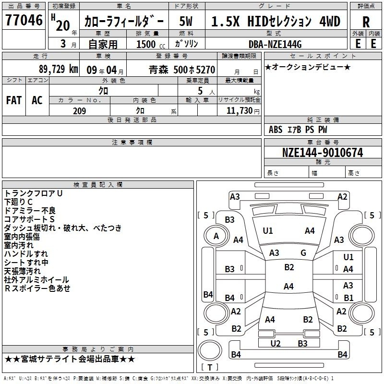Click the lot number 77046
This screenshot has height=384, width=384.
(x=24, y=20)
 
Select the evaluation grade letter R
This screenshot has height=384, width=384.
(x=366, y=22)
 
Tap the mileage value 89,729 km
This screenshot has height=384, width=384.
(x=58, y=69)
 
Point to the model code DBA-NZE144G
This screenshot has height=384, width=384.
(x=275, y=44)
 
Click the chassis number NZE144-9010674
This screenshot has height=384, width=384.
(x=323, y=153)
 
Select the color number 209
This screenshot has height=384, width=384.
(x=79, y=111)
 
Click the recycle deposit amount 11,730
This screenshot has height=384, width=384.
(x=239, y=111)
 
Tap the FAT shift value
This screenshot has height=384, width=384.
(x=14, y=100)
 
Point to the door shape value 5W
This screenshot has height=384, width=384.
(x=186, y=21)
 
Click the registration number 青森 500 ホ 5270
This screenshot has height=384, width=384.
(x=182, y=70)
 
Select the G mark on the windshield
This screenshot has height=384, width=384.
(x=303, y=253)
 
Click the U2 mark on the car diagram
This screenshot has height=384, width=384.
(x=275, y=344)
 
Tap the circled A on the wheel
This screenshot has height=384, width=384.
(x=216, y=236)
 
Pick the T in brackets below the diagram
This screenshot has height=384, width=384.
(x=210, y=367)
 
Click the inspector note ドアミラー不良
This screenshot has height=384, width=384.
(x=30, y=211)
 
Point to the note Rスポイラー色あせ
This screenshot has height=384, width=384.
(x=37, y=288)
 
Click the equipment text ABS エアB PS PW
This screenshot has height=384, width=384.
(x=298, y=130)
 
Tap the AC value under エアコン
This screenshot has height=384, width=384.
(x=37, y=100)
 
